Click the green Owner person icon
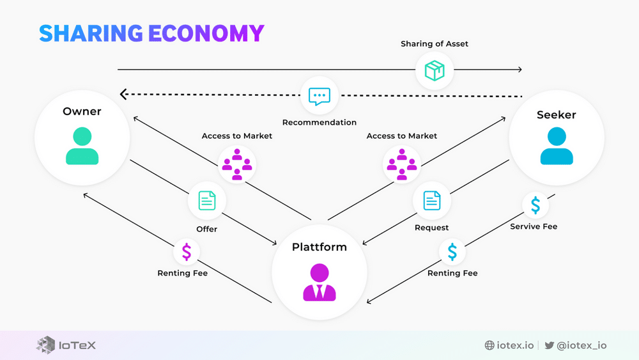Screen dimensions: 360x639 pos(82,146)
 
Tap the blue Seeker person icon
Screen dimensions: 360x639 pos(557,146)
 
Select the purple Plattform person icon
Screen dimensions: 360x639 pos(319,282)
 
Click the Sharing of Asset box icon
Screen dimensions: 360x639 pos(435,70)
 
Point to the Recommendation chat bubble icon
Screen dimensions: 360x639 pos(319,96)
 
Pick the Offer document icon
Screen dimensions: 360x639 pos(206,201)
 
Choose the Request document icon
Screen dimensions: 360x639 pos(432,201)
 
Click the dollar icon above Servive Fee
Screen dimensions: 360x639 pos(535,205)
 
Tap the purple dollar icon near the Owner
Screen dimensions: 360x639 pos(187,251)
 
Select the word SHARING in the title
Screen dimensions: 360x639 pos(91,33)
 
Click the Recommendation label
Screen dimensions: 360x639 pos(319,122)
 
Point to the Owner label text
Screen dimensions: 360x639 pos(82,111)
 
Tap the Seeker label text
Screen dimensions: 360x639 pos(557,114)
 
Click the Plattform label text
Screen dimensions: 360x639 pos(319,247)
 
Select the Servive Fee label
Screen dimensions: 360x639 pos(534,226)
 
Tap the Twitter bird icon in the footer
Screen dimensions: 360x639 pos(549,345)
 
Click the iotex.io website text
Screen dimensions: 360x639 pos(515,345)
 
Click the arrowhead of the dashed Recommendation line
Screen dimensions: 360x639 pos(123,95)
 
